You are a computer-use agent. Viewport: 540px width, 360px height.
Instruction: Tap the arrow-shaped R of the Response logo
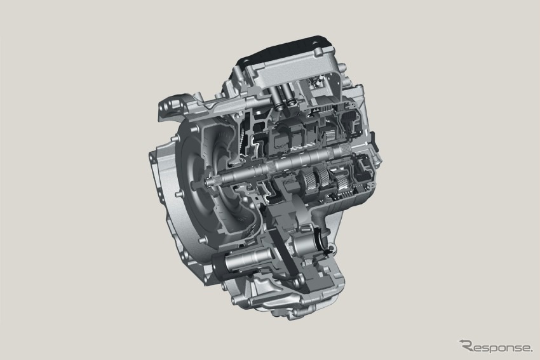tap(466, 345)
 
